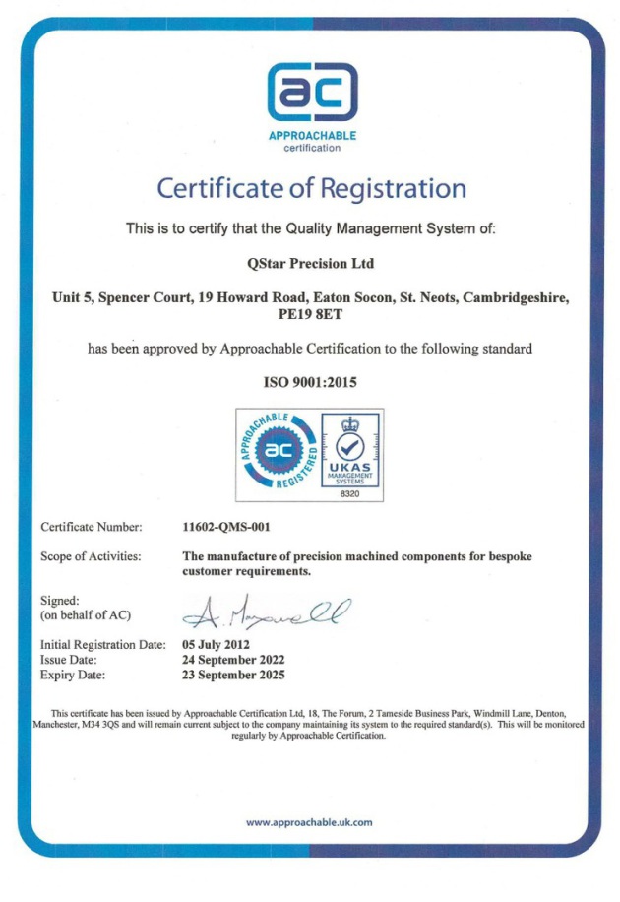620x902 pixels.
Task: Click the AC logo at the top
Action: pyautogui.click(x=312, y=92)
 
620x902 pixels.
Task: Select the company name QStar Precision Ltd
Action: pyautogui.click(x=310, y=263)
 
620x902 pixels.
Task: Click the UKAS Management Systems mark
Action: pyautogui.click(x=351, y=449)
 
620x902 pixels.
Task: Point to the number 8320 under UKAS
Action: pyautogui.click(x=351, y=493)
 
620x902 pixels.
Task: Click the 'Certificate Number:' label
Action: pyautogui.click(x=92, y=527)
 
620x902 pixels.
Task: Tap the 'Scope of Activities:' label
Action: pyautogui.click(x=91, y=556)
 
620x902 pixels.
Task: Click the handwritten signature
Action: pyautogui.click(x=264, y=612)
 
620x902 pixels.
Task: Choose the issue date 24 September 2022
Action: pyautogui.click(x=234, y=660)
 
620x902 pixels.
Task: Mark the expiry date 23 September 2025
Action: pyautogui.click(x=234, y=676)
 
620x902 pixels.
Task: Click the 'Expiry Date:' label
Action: pyautogui.click(x=73, y=676)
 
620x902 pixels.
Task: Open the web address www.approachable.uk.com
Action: pyautogui.click(x=309, y=822)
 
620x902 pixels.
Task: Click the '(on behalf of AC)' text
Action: pyautogui.click(x=86, y=615)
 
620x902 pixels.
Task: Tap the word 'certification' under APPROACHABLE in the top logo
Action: pyautogui.click(x=312, y=148)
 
